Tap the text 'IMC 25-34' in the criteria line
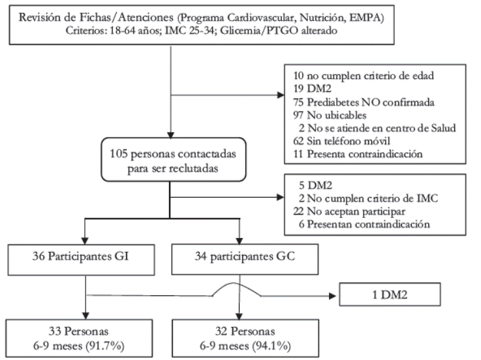pyautogui.click(x=189, y=31)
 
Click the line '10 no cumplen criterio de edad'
pyautogui.click(x=364, y=76)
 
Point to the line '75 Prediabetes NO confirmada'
pyautogui.click(x=364, y=102)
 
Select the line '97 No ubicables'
pyautogui.click(x=330, y=115)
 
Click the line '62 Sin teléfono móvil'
pyautogui.click(x=342, y=141)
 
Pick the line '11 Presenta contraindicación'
pyautogui.click(x=358, y=154)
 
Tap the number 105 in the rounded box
pyautogui.click(x=119, y=154)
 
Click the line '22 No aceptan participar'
pyautogui.click(x=349, y=211)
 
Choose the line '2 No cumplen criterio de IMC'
pyautogui.click(x=369, y=198)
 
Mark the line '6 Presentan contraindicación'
pyautogui.click(x=364, y=224)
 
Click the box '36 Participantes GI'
pyautogui.click(x=82, y=260)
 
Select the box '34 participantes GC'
pyautogui.click(x=245, y=259)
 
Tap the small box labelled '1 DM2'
pyautogui.click(x=390, y=294)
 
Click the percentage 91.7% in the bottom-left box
pyautogui.click(x=105, y=346)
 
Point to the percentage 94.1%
pyautogui.click(x=272, y=346)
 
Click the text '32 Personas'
pyautogui.click(x=245, y=331)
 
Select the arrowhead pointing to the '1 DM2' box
pyautogui.click(x=332, y=296)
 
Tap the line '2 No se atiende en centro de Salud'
pyautogui.click(x=377, y=128)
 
